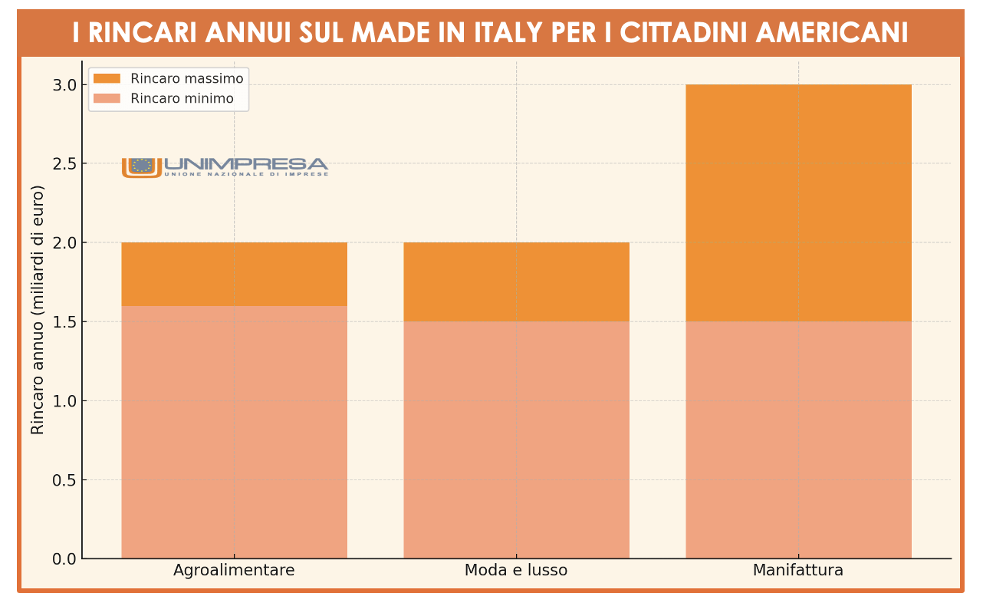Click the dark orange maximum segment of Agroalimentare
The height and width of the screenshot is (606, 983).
click(234, 274)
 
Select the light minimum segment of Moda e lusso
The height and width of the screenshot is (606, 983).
click(516, 440)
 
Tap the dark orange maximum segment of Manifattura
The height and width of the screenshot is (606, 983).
click(798, 203)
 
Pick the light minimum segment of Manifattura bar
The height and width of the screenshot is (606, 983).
click(798, 440)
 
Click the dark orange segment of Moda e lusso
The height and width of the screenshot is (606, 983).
click(516, 282)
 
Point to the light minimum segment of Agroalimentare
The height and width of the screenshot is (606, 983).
click(234, 432)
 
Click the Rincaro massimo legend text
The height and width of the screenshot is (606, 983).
click(186, 78)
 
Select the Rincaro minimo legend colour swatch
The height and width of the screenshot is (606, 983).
click(107, 98)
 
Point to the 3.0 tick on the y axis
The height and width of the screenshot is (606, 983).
click(64, 84)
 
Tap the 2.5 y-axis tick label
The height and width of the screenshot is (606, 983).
click(64, 163)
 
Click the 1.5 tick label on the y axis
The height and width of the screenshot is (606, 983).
click(64, 321)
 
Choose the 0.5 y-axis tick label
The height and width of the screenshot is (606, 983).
click(64, 480)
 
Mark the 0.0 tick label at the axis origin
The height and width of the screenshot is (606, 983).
click(64, 559)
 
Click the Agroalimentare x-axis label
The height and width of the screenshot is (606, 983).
click(234, 571)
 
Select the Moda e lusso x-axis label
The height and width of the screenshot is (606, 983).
click(516, 571)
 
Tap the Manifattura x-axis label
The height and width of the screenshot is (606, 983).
click(798, 571)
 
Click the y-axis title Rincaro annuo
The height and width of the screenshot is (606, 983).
click(38, 309)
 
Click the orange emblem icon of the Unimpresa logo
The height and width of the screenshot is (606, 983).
click(141, 166)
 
